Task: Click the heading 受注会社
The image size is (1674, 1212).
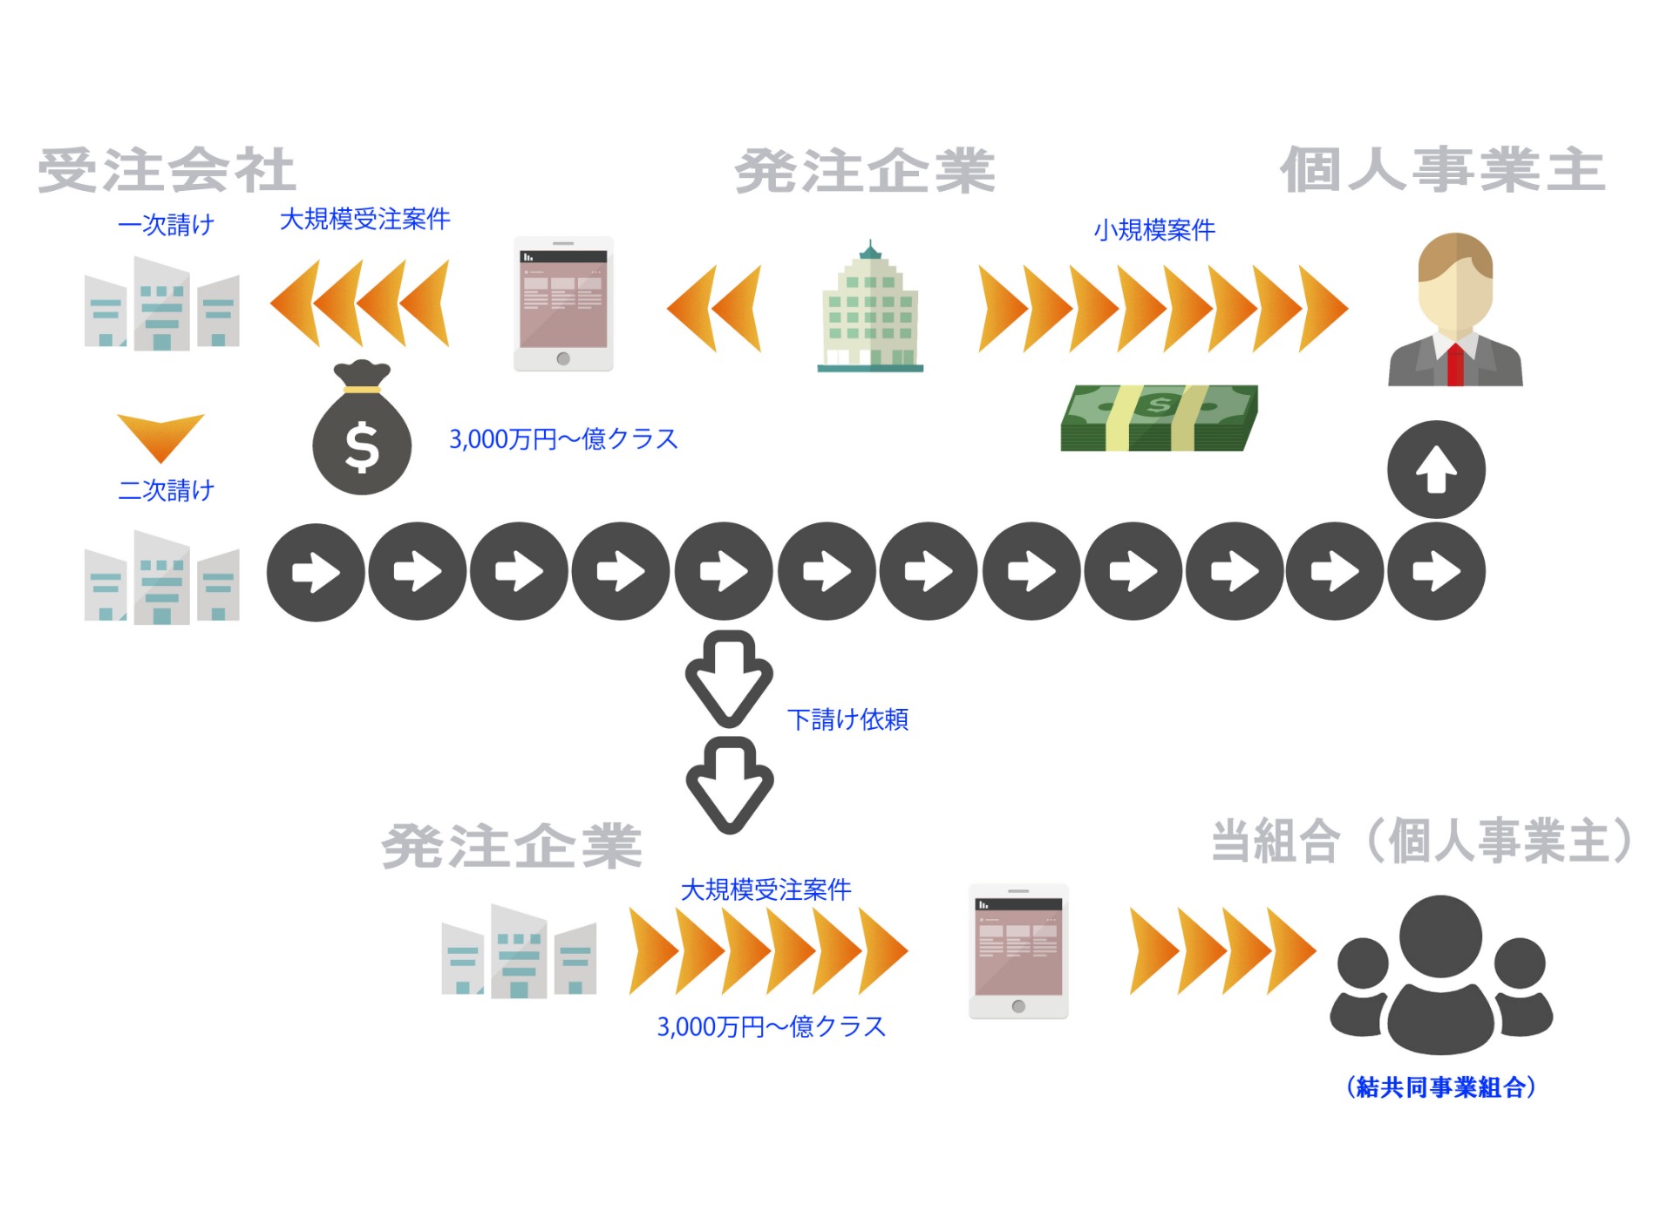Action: click(167, 171)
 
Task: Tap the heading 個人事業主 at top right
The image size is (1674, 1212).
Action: click(1442, 170)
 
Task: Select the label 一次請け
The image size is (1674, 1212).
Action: click(166, 225)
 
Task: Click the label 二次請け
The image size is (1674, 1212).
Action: click(166, 490)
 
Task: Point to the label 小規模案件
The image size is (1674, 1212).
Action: click(1153, 230)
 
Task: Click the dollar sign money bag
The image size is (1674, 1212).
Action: click(362, 432)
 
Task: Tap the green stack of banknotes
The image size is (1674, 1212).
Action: click(1159, 419)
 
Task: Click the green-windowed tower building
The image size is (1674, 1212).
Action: click(870, 310)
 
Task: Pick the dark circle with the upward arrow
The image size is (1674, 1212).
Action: click(1436, 470)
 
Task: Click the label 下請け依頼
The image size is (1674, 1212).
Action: click(847, 719)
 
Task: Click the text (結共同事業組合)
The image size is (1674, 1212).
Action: click(1441, 1087)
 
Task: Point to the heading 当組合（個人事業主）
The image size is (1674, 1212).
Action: click(1422, 841)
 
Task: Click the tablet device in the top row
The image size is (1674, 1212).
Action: click(563, 304)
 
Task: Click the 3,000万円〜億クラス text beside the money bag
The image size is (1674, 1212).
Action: click(563, 439)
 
